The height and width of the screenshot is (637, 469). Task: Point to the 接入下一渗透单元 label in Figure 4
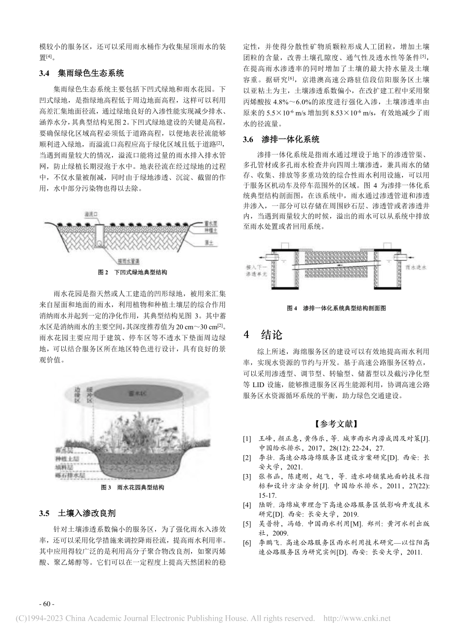[x=256, y=270]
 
